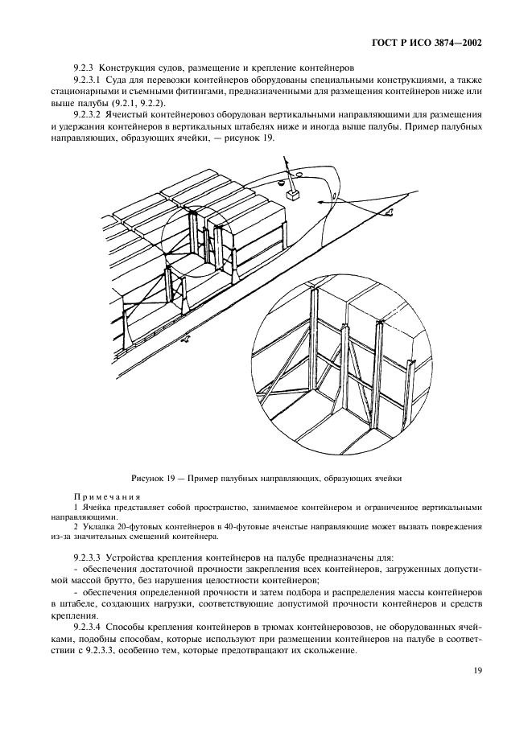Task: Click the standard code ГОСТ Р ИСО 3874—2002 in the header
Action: coord(433,43)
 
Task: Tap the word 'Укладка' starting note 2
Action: coord(97,526)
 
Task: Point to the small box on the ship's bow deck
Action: coord(292,194)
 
